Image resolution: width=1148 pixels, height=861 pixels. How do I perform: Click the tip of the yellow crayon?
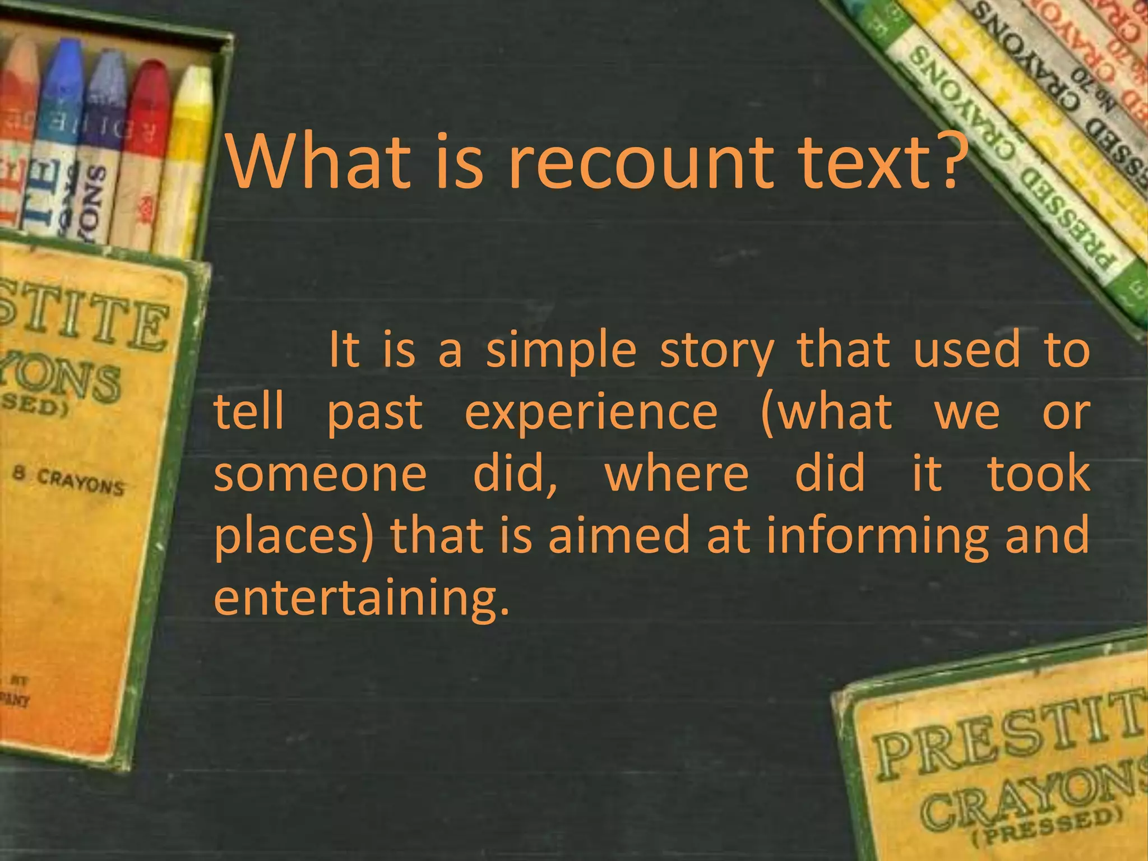tap(197, 78)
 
